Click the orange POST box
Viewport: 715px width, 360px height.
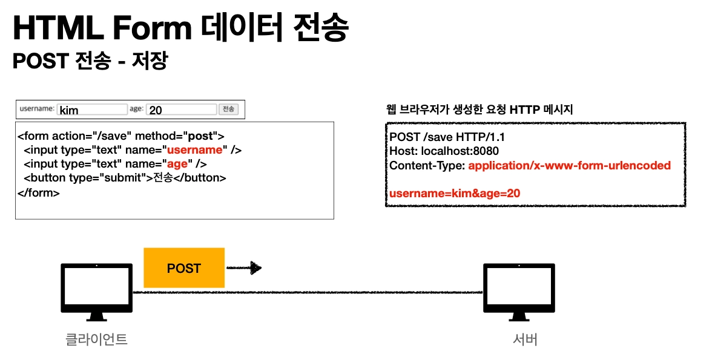point(183,268)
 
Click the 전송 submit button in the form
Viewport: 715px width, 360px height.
point(228,110)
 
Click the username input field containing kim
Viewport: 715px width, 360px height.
point(92,110)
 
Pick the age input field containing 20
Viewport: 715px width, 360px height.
point(181,110)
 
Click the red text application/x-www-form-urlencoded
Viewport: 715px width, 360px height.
point(569,165)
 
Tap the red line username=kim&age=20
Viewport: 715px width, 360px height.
point(455,193)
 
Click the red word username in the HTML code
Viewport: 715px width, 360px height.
point(194,150)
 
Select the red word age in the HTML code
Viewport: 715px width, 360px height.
point(177,164)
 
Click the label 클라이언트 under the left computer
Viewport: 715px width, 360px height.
point(96,339)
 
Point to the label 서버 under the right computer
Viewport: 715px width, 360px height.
point(524,339)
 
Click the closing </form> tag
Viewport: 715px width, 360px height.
point(39,193)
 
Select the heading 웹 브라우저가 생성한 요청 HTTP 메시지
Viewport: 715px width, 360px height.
point(479,110)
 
